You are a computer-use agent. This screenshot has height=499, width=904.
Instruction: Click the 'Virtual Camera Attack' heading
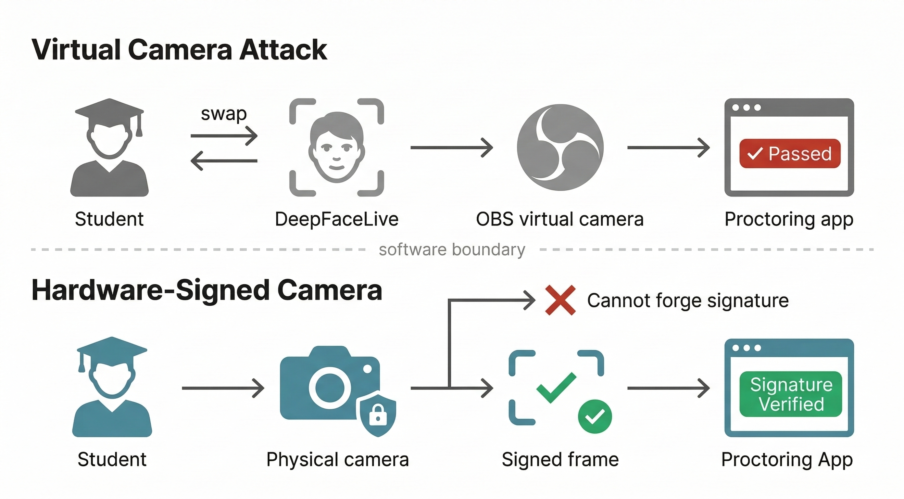click(x=179, y=50)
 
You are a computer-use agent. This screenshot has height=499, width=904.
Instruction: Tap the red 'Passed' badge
click(x=790, y=153)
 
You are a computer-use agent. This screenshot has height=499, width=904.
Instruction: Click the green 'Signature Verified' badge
click(x=791, y=394)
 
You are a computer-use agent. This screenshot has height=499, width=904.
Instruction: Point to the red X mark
click(x=560, y=300)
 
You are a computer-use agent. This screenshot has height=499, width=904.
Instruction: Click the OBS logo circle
click(x=560, y=147)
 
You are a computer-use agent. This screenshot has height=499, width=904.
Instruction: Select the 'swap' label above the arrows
click(x=223, y=114)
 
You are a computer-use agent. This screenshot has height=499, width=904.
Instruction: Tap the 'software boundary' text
click(x=452, y=250)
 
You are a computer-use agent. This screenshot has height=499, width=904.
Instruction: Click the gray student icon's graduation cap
click(x=109, y=110)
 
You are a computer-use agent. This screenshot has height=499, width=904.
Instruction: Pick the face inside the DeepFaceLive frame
click(x=336, y=147)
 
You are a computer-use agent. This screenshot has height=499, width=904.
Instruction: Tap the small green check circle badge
click(x=595, y=416)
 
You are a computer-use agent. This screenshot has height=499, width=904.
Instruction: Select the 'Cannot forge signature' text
click(x=688, y=301)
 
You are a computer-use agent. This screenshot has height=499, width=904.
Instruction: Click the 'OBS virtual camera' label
click(x=560, y=219)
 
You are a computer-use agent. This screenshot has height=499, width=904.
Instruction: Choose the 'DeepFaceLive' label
click(x=336, y=219)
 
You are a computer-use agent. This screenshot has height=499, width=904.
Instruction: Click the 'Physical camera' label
click(x=338, y=459)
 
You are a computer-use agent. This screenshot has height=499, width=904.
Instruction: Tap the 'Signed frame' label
click(x=560, y=459)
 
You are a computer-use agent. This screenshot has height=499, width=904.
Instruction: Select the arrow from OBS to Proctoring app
click(x=668, y=147)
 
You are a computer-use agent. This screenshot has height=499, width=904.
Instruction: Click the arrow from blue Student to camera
click(x=223, y=388)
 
